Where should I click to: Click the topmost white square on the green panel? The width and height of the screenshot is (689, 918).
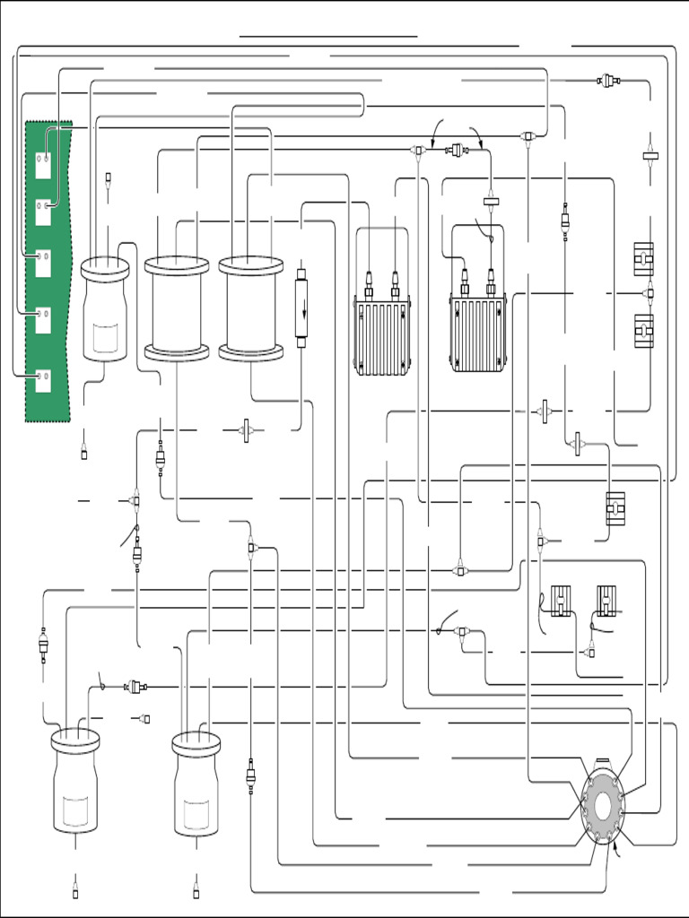[x=43, y=165]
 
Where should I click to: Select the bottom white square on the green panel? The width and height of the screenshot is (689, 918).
[x=43, y=380]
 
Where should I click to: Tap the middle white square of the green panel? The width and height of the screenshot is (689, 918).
[x=43, y=263]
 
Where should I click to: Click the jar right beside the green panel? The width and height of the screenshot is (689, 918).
[x=105, y=309]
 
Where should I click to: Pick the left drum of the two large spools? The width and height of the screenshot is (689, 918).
[x=177, y=308]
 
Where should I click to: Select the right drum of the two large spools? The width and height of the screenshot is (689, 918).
[x=251, y=308]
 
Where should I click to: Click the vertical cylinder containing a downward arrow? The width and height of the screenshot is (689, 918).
[x=301, y=310]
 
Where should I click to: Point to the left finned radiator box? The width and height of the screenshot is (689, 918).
[x=382, y=337]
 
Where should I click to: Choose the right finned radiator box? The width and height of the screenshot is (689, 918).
[x=477, y=334]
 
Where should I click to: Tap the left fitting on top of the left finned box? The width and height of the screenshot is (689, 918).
[x=369, y=289]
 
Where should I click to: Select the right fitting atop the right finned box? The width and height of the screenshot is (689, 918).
[x=491, y=286]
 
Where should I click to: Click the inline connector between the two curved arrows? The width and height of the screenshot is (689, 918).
[x=458, y=150]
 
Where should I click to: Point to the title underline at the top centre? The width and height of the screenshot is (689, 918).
[x=328, y=37]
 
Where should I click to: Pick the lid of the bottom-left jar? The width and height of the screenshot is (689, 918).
[x=75, y=740]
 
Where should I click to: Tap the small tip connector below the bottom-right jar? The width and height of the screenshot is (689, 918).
[x=196, y=892]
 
